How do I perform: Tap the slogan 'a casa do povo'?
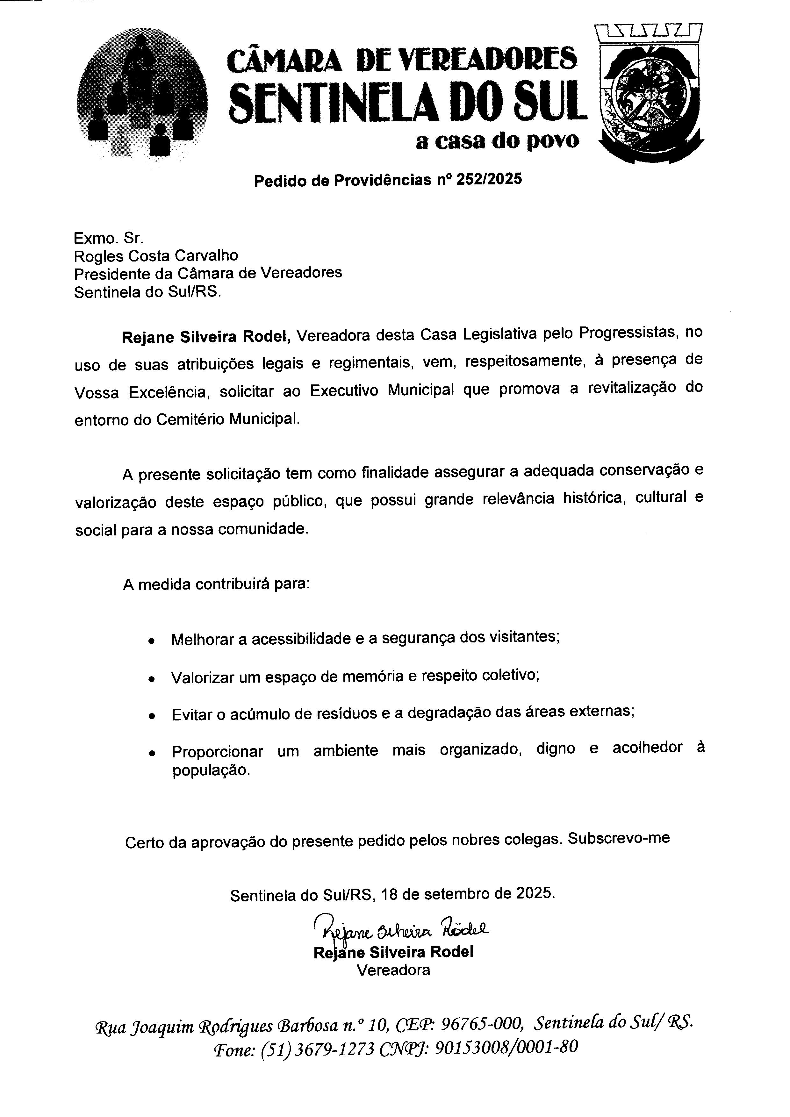click(497, 141)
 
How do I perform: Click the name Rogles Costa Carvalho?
click(156, 255)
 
